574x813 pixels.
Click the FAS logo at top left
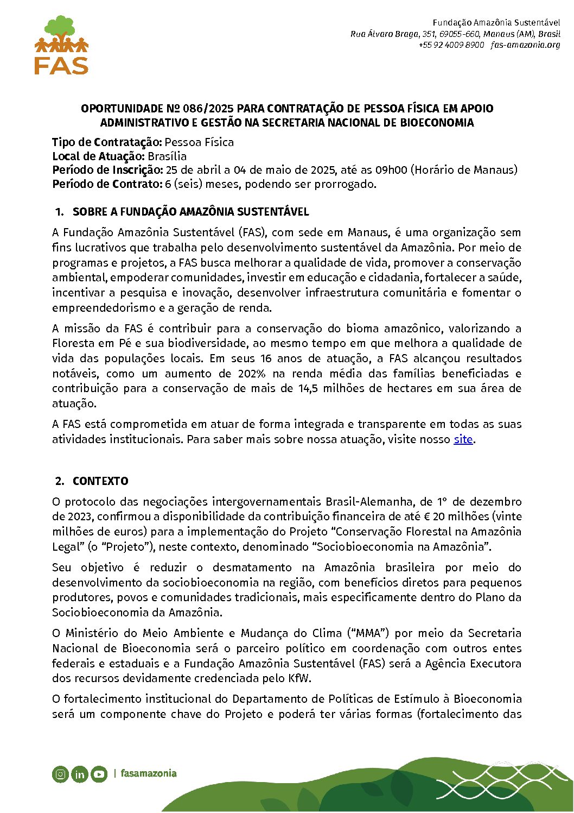(61, 45)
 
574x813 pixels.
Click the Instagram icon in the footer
(61, 774)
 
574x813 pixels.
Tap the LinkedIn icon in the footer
(80, 774)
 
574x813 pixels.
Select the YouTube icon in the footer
(99, 774)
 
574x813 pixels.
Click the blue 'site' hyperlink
(463, 439)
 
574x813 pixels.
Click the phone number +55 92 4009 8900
(451, 45)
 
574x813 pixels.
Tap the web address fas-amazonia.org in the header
(525, 45)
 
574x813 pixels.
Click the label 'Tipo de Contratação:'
(107, 142)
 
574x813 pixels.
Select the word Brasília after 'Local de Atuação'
(167, 156)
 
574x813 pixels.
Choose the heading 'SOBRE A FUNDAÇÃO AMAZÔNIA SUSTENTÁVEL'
(190, 212)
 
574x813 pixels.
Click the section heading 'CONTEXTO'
(100, 481)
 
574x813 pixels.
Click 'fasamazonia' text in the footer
(149, 773)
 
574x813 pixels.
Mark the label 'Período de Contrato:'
(107, 184)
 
